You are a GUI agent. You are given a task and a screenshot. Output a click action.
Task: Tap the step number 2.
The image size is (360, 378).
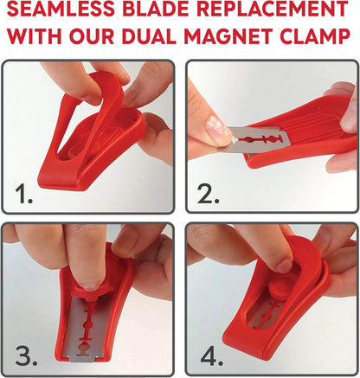[208, 195]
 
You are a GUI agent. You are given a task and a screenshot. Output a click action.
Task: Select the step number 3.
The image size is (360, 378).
[24, 356]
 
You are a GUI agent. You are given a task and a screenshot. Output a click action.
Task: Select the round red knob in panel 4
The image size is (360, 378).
[282, 285]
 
